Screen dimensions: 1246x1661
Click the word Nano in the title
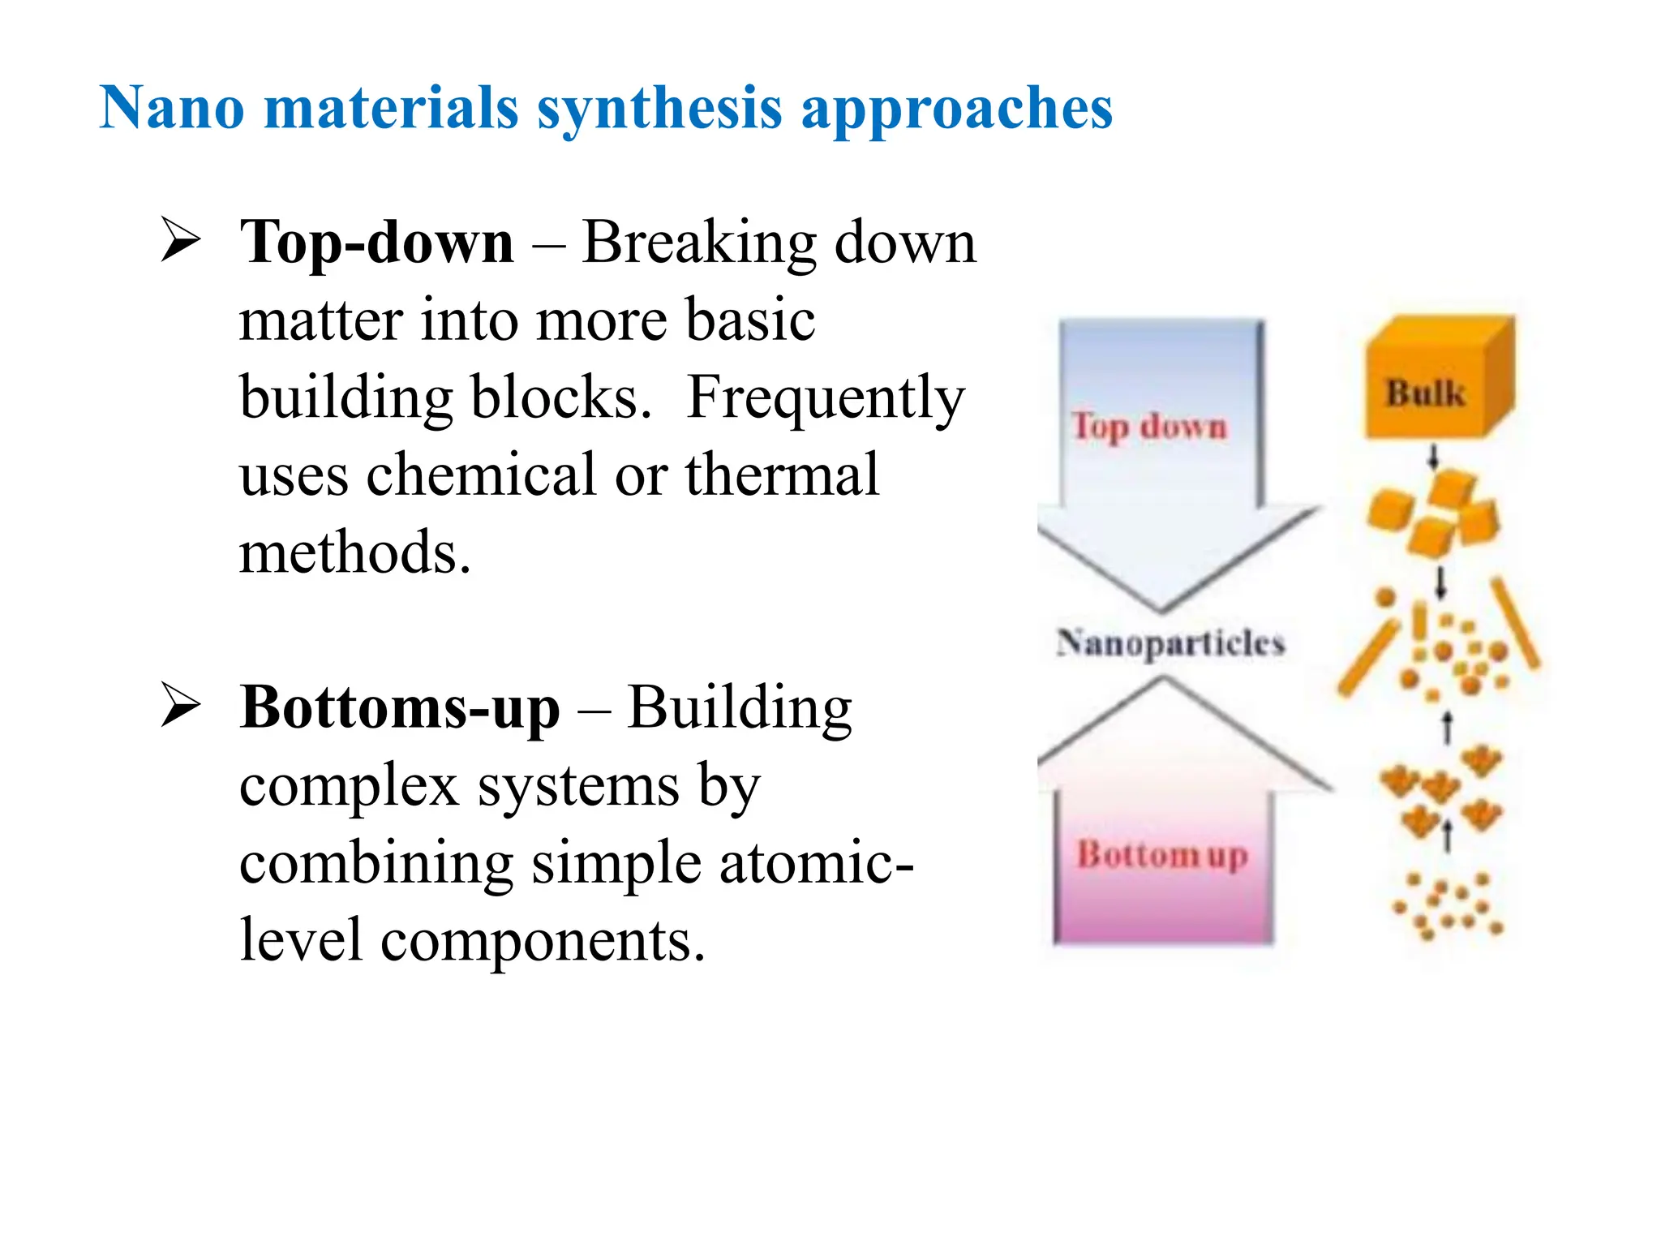(x=171, y=108)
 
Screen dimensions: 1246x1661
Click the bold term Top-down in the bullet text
(x=376, y=243)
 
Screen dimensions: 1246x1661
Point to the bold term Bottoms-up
(x=399, y=708)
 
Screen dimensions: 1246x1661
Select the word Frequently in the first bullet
(x=826, y=399)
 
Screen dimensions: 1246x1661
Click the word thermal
(x=782, y=475)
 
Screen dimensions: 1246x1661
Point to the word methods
(x=354, y=552)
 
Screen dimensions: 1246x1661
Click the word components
(x=543, y=941)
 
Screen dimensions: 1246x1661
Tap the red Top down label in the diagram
(x=1148, y=426)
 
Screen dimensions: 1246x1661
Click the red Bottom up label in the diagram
(x=1161, y=855)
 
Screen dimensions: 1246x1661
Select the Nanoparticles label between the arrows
(x=1170, y=643)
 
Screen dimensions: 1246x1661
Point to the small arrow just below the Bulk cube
(x=1433, y=457)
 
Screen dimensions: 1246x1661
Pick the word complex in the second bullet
(x=349, y=786)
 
